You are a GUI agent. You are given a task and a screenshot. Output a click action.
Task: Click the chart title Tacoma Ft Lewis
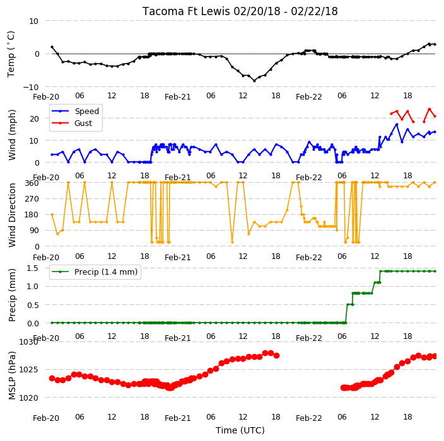coord(187,11)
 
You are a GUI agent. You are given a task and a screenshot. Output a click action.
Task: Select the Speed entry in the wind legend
coord(86,111)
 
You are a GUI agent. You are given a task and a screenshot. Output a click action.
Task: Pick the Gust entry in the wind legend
coord(83,123)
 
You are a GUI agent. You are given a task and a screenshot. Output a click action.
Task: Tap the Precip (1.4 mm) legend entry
coord(106,272)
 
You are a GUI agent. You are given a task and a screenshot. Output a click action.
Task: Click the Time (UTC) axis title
coord(240,430)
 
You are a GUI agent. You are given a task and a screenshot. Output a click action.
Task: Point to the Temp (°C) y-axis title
coord(11,54)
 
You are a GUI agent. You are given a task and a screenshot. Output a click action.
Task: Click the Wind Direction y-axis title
coord(11,215)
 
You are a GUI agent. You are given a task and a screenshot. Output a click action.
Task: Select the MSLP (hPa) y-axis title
coord(11,375)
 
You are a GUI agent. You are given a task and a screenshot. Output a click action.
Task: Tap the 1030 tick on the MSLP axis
coord(28,341)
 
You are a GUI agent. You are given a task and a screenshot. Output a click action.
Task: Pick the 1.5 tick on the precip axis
coord(33,268)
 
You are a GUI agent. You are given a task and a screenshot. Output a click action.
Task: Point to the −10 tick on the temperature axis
coord(30,87)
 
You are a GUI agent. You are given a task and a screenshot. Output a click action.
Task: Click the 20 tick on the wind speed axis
coord(34,119)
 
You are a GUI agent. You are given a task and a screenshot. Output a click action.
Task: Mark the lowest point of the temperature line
coord(254,81)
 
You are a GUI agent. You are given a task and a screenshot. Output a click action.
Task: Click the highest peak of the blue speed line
coord(397,125)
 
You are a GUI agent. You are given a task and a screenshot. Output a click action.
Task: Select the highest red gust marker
coord(429,109)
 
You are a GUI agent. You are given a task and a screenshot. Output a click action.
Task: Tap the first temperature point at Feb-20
coord(52,47)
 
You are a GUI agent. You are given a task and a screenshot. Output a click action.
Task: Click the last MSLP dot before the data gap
coord(277,355)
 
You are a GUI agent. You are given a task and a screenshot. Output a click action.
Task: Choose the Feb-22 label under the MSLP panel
coord(308,418)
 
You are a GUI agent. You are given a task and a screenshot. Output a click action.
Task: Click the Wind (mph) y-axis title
coord(11,135)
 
